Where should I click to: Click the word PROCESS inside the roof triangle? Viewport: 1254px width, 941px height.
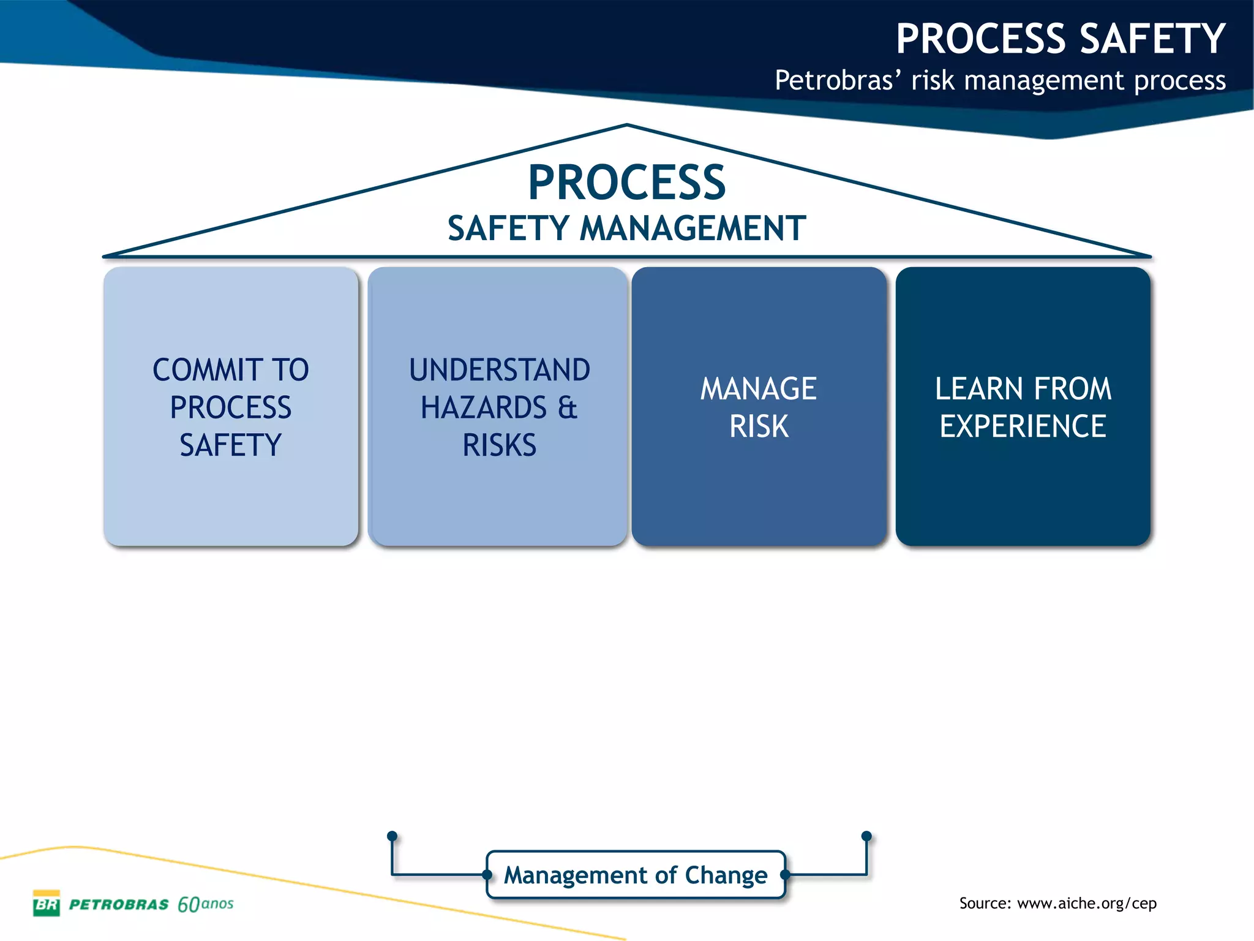click(626, 183)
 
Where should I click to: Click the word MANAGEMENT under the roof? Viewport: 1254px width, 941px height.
click(692, 229)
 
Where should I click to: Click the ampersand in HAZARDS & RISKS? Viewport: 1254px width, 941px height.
click(568, 407)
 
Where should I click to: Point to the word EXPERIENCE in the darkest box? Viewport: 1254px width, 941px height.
click(1023, 426)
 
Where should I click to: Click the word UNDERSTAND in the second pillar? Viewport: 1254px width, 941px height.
click(499, 370)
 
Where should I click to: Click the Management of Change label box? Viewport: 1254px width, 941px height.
click(635, 875)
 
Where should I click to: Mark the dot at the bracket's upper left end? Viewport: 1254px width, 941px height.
click(392, 836)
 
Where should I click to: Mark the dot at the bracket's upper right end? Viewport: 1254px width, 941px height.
click(866, 836)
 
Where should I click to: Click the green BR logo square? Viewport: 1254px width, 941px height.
click(47, 903)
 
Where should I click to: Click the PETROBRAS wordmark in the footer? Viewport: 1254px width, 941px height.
click(119, 905)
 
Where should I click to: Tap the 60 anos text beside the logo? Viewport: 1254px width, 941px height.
click(205, 904)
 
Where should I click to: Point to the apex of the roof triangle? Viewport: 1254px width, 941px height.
click(626, 125)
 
